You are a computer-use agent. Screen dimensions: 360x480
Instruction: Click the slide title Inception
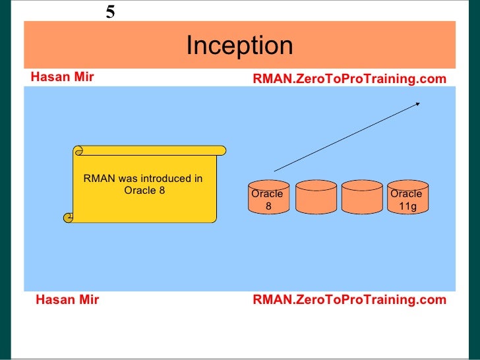[239, 46]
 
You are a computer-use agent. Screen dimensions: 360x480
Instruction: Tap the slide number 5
[110, 11]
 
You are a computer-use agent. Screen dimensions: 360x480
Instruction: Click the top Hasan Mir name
[62, 78]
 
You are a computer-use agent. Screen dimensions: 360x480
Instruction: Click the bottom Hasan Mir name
[67, 300]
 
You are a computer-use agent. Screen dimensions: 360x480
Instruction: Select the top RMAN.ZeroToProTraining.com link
[349, 79]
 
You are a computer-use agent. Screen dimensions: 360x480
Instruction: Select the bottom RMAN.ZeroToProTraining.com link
[349, 300]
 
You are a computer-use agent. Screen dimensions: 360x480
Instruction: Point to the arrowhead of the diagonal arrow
[417, 104]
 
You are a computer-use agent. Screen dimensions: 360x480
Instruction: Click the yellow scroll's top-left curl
[80, 150]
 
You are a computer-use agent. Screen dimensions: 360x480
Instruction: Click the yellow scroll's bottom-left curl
[68, 216]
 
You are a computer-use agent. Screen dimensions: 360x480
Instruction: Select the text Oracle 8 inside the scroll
[144, 191]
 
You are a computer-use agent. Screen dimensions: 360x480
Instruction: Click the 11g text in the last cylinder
[407, 206]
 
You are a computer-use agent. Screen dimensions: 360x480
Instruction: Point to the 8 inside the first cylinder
[268, 206]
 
